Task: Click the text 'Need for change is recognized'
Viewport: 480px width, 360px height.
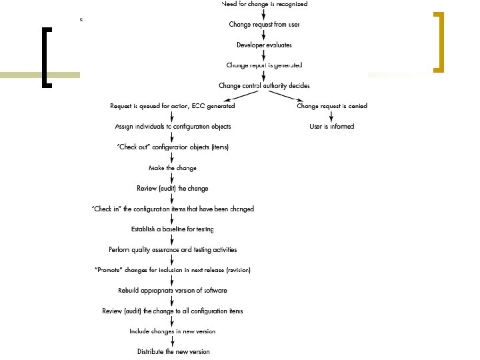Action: (264, 4)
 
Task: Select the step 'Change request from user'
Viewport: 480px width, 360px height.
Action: (264, 24)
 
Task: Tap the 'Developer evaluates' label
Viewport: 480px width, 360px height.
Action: (264, 45)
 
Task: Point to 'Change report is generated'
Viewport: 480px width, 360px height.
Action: (264, 65)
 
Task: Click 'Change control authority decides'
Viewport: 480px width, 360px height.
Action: (264, 86)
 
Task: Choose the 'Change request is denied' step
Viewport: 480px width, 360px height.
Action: (331, 106)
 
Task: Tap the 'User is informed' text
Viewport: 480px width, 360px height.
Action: (331, 127)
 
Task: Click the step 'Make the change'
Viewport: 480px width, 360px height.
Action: (173, 168)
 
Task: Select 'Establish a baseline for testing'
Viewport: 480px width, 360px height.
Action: (173, 229)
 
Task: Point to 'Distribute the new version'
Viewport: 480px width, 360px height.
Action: (173, 351)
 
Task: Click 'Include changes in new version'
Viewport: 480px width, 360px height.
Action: (173, 331)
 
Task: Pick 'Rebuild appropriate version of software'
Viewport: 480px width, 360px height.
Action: (173, 291)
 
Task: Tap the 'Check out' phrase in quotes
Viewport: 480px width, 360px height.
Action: (133, 147)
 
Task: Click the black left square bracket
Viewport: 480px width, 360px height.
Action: (46, 57)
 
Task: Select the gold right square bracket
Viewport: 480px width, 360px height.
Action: (439, 41)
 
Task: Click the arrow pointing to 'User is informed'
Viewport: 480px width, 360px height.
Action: (331, 117)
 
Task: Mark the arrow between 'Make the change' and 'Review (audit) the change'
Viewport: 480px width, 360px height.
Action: (173, 178)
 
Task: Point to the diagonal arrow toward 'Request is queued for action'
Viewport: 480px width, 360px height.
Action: (230, 96)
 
